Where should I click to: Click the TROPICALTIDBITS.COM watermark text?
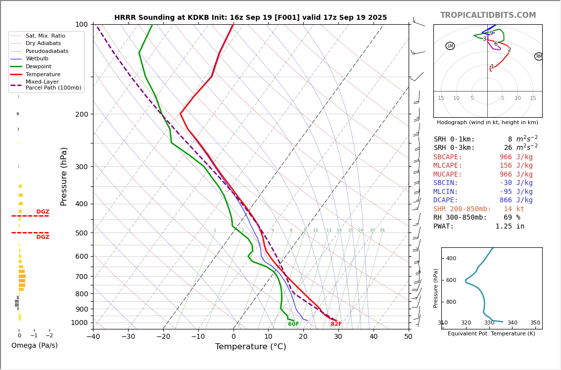(488, 15)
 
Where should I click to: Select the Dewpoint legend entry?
(38, 67)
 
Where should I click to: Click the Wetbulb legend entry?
(37, 59)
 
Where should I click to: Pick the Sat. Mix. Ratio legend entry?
(45, 36)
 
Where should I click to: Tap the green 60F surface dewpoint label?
(293, 324)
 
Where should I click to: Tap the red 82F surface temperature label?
(336, 324)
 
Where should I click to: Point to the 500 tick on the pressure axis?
(81, 233)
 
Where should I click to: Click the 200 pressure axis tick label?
(81, 114)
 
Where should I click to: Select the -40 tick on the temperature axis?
(93, 337)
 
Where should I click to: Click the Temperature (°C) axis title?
(250, 347)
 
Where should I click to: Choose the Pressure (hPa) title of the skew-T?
(64, 176)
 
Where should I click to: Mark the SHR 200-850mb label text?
(463, 209)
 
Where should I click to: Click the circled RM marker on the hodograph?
(539, 56)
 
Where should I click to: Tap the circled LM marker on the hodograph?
(450, 46)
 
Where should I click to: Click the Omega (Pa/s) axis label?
(35, 346)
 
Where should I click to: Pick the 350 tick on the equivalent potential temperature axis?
(535, 323)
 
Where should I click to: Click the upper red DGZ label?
(43, 212)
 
